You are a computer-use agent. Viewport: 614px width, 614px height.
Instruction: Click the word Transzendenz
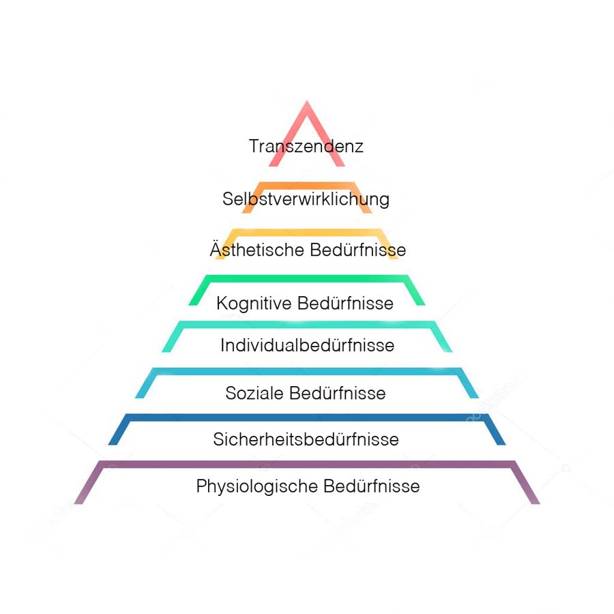pyautogui.click(x=306, y=147)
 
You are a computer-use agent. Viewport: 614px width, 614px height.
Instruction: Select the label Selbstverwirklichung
pyautogui.click(x=306, y=199)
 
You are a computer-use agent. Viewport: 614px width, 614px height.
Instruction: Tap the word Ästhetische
pyautogui.click(x=257, y=250)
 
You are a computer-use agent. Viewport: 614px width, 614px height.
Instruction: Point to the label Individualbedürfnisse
pyautogui.click(x=307, y=346)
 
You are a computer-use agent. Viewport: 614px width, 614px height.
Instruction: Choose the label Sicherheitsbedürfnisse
pyautogui.click(x=306, y=440)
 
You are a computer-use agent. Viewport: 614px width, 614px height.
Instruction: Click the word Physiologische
pyautogui.click(x=257, y=487)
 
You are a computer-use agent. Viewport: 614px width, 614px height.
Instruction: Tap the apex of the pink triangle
pyautogui.click(x=307, y=104)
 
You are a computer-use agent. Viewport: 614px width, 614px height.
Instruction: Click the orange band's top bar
pyautogui.click(x=307, y=185)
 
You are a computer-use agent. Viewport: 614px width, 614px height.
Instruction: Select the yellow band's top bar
pyautogui.click(x=307, y=232)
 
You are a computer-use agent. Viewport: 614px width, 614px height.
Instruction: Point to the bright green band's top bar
pyautogui.click(x=307, y=278)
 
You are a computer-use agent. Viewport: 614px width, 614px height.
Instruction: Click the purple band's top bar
pyautogui.click(x=307, y=465)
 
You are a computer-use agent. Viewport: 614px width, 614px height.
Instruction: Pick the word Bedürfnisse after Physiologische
pyautogui.click(x=372, y=486)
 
